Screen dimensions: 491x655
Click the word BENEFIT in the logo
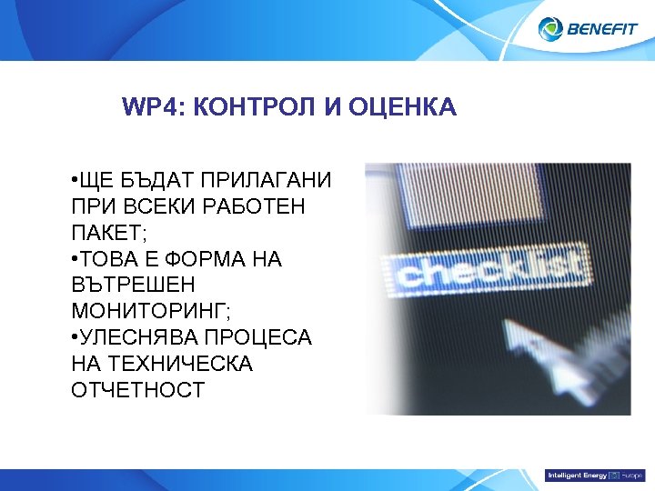pos(603,29)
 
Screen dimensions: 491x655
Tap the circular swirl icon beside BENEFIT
pos(552,29)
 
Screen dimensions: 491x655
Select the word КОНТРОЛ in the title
pos(241,109)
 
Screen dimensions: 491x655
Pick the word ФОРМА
pos(200,259)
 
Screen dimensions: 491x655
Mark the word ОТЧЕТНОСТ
pos(137,390)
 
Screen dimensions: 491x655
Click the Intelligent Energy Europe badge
pos(594,476)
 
